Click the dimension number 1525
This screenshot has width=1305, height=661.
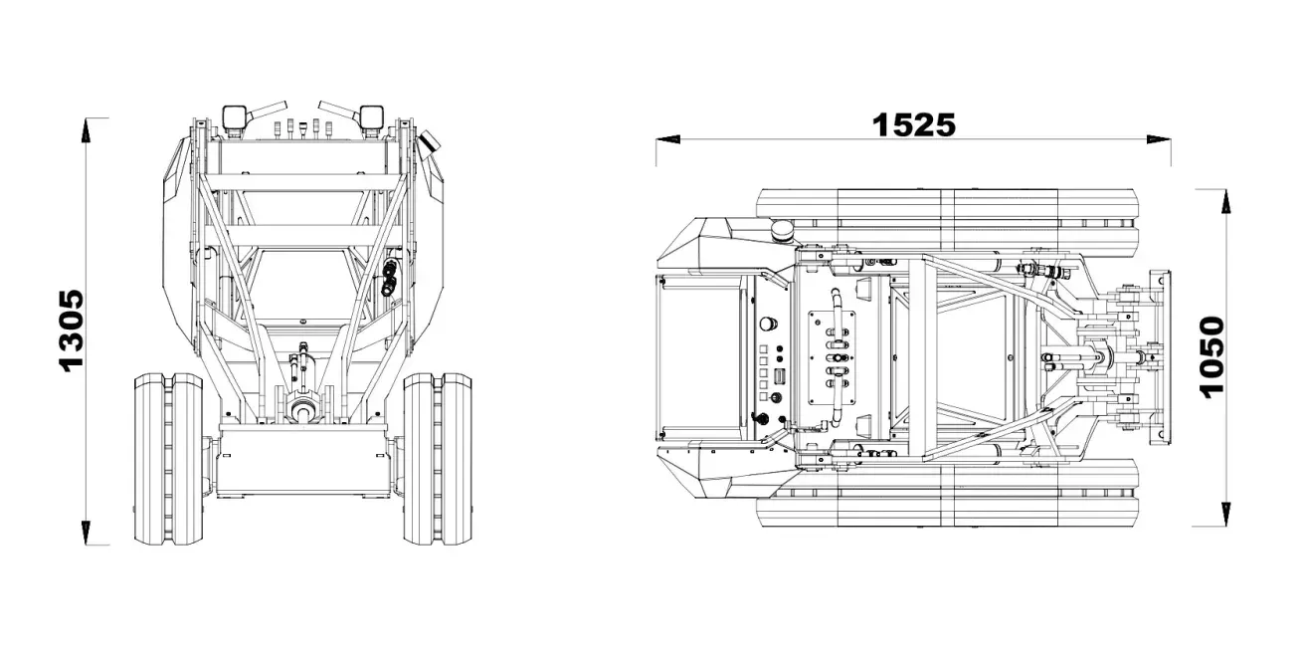913,124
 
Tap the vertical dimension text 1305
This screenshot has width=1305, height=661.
71,330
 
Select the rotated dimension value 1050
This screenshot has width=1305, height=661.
1211,357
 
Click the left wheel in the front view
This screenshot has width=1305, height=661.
168,458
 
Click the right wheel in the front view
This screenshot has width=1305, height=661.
438,458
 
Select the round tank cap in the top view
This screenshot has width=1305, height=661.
783,232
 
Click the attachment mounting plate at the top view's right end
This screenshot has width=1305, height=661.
1158,357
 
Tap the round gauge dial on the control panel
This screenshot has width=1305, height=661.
767,324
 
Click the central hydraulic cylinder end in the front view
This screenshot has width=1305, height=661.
302,409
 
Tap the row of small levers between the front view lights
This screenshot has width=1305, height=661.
301,127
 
